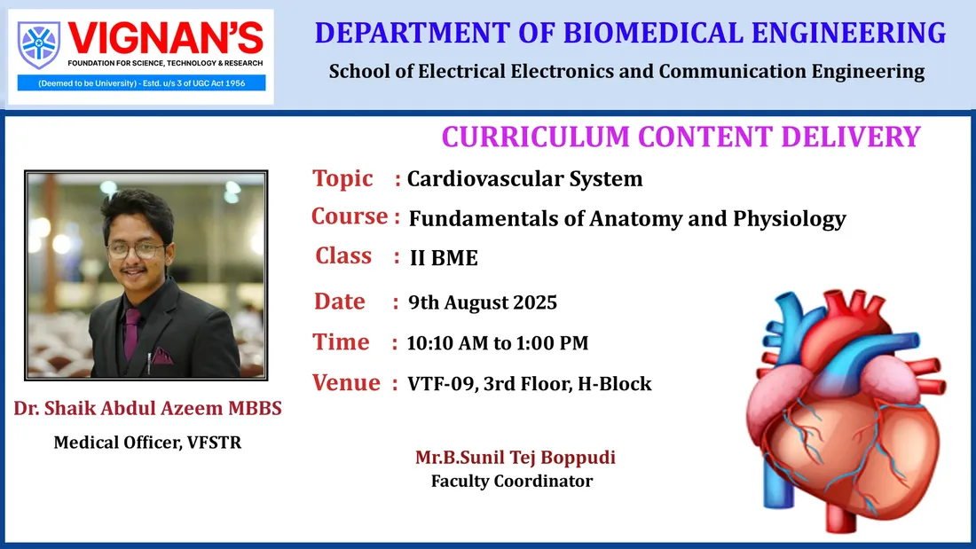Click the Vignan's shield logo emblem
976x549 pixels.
point(38,45)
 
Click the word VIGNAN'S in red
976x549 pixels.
point(166,39)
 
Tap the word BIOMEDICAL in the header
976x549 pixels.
point(653,33)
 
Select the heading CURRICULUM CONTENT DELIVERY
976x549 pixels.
point(681,137)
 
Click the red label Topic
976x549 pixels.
point(342,178)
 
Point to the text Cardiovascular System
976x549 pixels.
point(524,179)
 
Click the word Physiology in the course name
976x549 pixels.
point(790,219)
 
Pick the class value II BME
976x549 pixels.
point(444,258)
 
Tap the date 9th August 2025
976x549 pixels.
point(483,302)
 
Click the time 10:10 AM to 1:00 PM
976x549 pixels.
point(498,343)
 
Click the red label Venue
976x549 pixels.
point(346,383)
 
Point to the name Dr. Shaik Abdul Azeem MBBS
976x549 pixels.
point(147,408)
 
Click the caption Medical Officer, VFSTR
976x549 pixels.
point(147,443)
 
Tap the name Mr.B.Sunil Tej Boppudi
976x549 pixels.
point(516,458)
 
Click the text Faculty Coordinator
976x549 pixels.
point(512,482)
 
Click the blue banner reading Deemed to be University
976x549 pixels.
point(141,82)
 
